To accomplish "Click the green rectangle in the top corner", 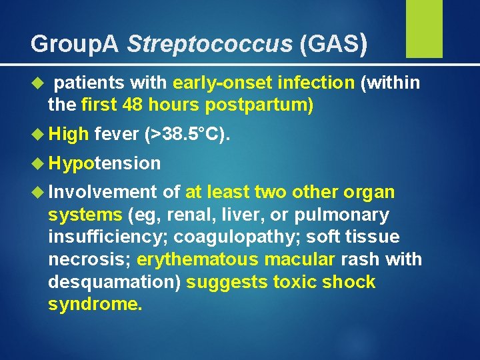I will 424,29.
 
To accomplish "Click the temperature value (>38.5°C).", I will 187,135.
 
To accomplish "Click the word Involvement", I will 104,193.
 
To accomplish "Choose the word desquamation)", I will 114,282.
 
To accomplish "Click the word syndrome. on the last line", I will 95,304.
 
